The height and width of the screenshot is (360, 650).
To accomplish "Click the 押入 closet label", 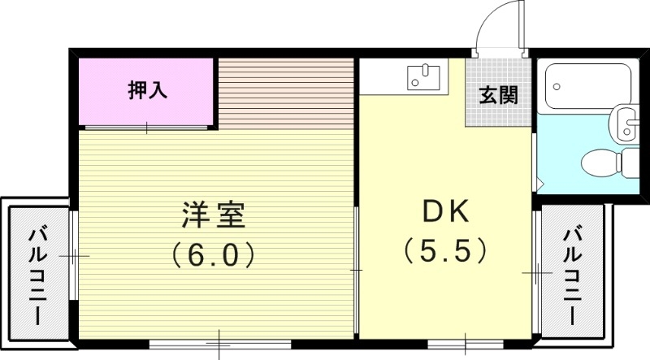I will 148,91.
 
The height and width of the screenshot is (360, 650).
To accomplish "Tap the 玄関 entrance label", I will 498,95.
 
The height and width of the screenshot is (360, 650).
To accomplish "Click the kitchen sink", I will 423,77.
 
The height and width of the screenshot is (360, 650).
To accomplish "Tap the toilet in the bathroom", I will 608,161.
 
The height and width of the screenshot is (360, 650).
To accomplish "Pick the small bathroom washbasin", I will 626,124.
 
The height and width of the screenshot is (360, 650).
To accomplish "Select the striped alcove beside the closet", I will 286,92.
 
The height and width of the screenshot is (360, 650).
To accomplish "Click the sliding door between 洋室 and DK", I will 357,268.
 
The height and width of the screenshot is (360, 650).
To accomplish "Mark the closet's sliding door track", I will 146,128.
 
